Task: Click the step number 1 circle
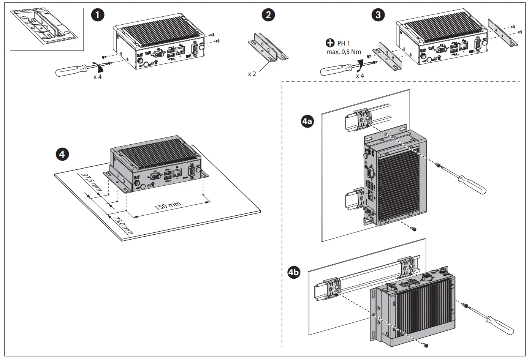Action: point(98,15)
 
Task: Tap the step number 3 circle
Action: point(377,15)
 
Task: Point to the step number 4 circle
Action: point(62,153)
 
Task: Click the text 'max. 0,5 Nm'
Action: point(344,52)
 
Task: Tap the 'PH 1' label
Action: point(344,44)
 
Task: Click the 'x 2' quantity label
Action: point(252,74)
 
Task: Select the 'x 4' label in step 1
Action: point(98,77)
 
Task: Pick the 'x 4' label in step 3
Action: point(360,76)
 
